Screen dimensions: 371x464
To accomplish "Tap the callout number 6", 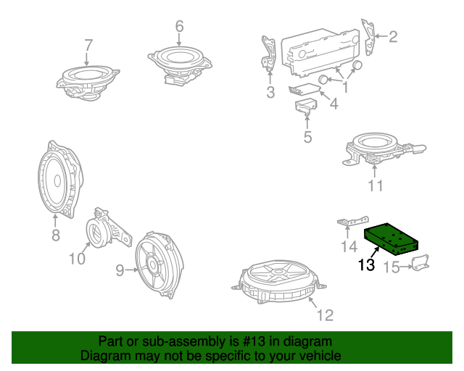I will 179,27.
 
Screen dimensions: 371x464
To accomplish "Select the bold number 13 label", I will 366,265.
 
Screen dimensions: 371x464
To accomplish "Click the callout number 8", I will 55,234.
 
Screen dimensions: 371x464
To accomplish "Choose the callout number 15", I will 391,267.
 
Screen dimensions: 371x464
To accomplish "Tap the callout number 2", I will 394,36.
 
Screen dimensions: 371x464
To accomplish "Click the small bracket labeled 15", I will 418,263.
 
